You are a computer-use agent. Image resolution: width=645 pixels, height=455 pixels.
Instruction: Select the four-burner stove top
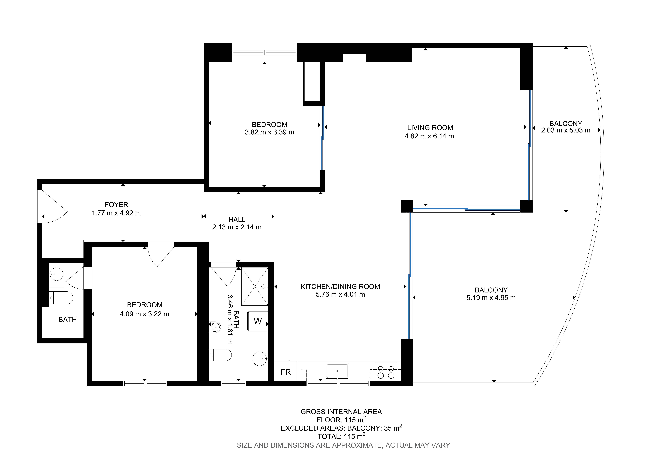[386, 371]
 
